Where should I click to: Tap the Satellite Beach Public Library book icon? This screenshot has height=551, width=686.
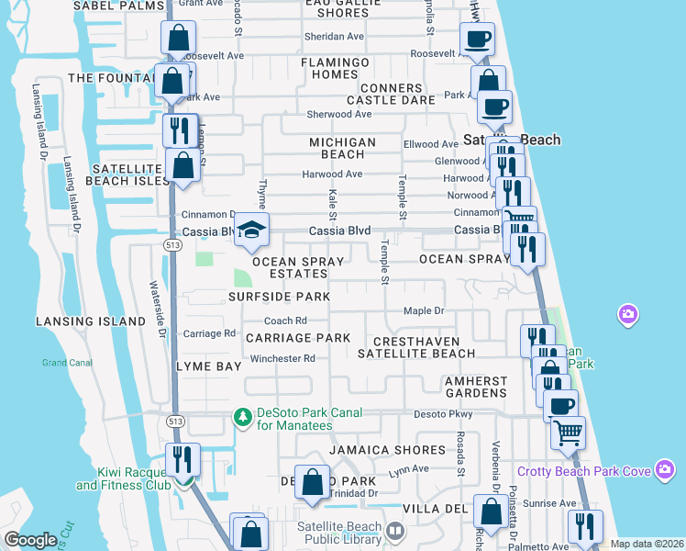point(394,530)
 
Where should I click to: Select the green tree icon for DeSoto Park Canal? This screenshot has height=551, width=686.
point(243,418)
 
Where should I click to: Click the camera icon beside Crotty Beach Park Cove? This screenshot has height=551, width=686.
point(666,470)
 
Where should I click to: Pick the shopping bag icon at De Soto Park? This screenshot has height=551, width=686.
point(313,481)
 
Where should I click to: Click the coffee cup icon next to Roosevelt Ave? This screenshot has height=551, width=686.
point(476,39)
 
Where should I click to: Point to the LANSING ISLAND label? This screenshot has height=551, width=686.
point(91,321)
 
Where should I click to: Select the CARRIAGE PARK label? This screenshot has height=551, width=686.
point(298,338)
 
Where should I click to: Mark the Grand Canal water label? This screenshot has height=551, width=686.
point(67,363)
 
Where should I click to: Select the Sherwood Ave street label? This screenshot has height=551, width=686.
point(339,115)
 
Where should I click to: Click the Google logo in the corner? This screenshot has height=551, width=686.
point(30,540)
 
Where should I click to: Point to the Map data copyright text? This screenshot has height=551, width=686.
point(647,544)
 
